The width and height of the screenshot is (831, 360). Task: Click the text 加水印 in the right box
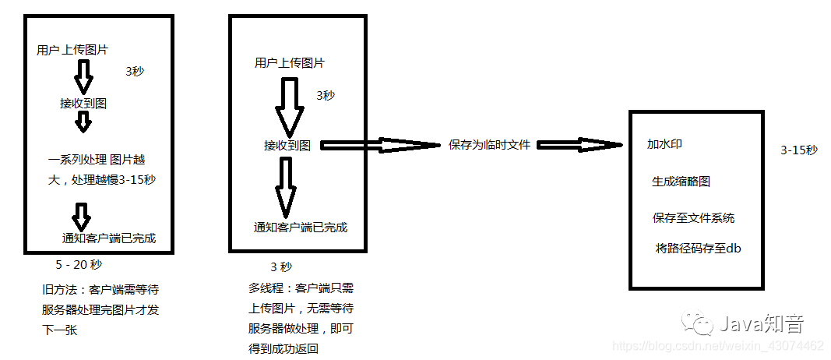[x=664, y=144]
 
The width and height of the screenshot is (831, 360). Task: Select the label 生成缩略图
[x=681, y=182]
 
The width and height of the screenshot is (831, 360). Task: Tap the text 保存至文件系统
[x=693, y=218]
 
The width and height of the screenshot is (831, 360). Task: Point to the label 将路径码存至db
[x=697, y=249]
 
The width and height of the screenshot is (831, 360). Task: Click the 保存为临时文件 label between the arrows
[x=489, y=144]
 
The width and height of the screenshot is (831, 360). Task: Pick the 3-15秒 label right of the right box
[x=799, y=150]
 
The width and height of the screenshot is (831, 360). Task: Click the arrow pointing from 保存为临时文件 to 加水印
[x=581, y=144]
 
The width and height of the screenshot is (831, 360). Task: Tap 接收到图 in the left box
[x=83, y=103]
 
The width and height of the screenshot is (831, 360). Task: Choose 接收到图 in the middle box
[x=287, y=145]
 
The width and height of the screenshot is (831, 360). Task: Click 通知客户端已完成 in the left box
[x=108, y=238]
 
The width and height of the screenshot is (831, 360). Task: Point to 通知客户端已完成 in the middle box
[x=300, y=228]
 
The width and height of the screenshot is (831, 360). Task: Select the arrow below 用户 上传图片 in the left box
[x=83, y=76]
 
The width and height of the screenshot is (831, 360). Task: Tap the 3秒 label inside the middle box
[x=326, y=95]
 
